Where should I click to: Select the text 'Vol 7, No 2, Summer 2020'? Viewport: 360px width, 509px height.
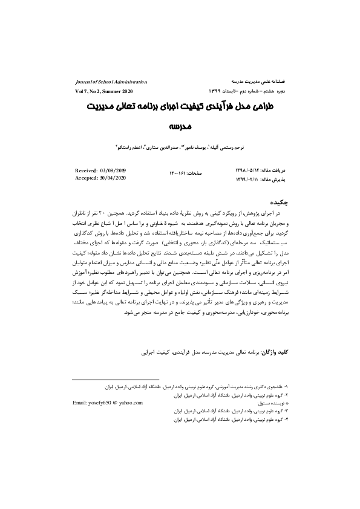(103, 91)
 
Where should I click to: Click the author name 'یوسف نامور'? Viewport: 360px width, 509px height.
(195, 146)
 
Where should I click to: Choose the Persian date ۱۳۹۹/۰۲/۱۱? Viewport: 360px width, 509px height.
(246, 179)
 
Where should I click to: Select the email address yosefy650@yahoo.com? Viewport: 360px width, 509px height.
(108, 402)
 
